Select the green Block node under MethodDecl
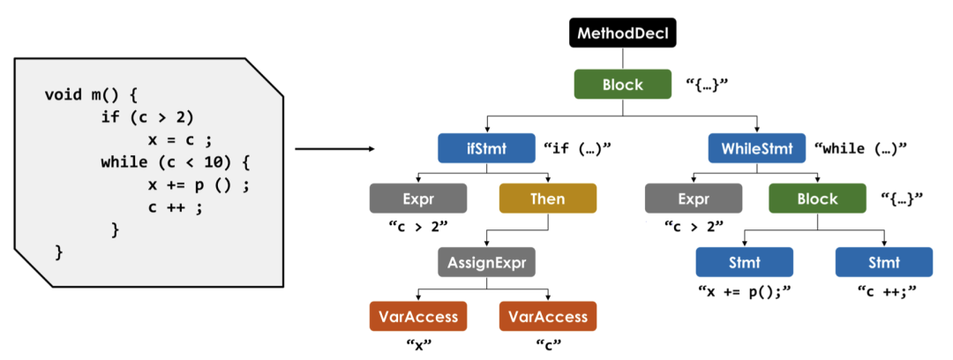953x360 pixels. pyautogui.click(x=622, y=85)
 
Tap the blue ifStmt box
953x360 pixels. pyautogui.click(x=486, y=148)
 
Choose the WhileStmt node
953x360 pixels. pyautogui.click(x=757, y=148)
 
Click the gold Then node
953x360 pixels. pyautogui.click(x=548, y=199)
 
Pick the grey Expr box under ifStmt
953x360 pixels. pyautogui.click(x=418, y=199)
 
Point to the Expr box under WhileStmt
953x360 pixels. pyautogui.click(x=694, y=199)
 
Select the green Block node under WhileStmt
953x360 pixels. pyautogui.click(x=817, y=199)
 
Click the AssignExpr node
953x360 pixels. pyautogui.click(x=486, y=262)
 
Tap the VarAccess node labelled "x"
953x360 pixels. pyautogui.click(x=418, y=316)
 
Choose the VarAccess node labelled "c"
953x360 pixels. pyautogui.click(x=548, y=316)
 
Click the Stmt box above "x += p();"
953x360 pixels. pyautogui.click(x=744, y=262)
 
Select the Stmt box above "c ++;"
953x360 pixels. pyautogui.click(x=883, y=262)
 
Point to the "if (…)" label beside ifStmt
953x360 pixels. pyautogui.click(x=578, y=148)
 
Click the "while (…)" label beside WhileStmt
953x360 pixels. pyautogui.click(x=860, y=148)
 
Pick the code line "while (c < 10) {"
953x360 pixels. pyautogui.click(x=176, y=162)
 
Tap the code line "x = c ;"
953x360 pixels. pyautogui.click(x=182, y=139)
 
